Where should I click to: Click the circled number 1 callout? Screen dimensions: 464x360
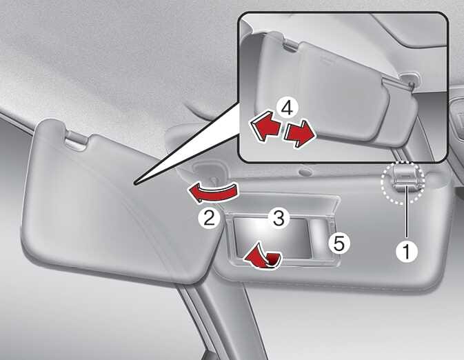[x=407, y=251]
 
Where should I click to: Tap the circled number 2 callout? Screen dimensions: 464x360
[x=209, y=219]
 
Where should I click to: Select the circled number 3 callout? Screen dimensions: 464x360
[x=279, y=218]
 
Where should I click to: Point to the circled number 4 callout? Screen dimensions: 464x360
[x=286, y=108]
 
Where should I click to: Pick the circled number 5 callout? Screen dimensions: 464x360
[x=339, y=243]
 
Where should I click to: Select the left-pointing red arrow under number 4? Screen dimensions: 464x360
[x=265, y=126]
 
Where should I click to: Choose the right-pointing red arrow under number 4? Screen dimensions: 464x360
[x=299, y=133]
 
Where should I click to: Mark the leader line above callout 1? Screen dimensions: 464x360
[x=407, y=212]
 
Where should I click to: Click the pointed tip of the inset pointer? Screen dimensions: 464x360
[x=134, y=184]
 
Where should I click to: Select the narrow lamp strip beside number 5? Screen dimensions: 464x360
[x=321, y=237]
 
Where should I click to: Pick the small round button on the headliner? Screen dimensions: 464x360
[x=304, y=172]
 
